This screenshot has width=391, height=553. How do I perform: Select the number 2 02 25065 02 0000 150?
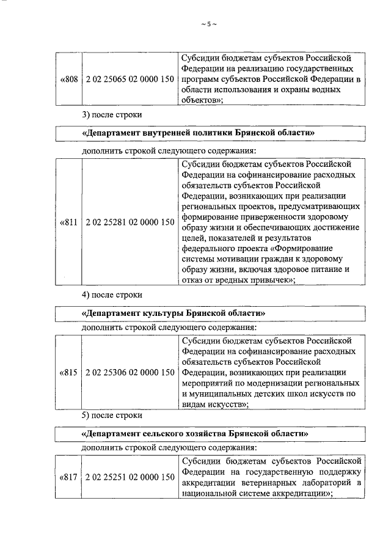pos(129,79)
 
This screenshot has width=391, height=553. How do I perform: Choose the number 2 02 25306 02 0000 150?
pos(129,372)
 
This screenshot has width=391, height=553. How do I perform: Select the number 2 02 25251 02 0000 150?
pos(129,477)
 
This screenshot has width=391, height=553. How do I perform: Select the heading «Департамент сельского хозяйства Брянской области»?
pos(194,432)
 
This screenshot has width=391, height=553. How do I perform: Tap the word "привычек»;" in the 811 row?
pos(269,280)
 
